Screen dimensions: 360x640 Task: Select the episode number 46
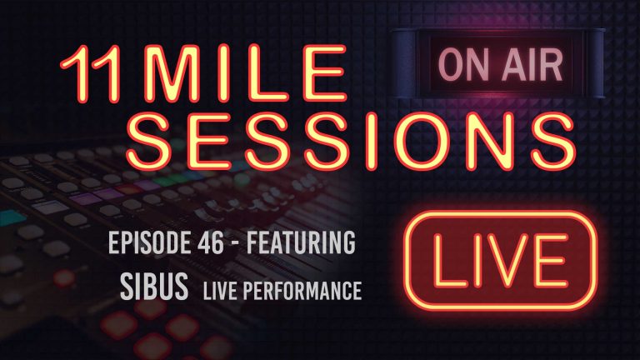[218, 246]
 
